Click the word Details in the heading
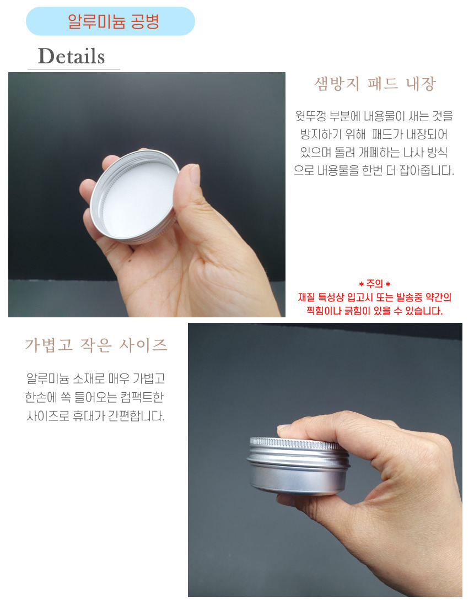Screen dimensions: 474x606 (72, 56)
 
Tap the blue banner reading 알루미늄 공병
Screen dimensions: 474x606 (110, 21)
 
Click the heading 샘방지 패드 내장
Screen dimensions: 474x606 (375, 84)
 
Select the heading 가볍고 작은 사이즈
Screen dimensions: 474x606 (96, 345)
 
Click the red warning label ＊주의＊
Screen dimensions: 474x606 (375, 284)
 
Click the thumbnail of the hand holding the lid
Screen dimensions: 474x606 (147, 194)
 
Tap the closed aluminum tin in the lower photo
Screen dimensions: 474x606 (298, 466)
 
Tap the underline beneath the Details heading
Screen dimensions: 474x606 (74, 69)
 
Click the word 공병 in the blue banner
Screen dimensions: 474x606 (145, 21)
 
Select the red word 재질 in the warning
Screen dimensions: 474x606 (306, 297)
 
